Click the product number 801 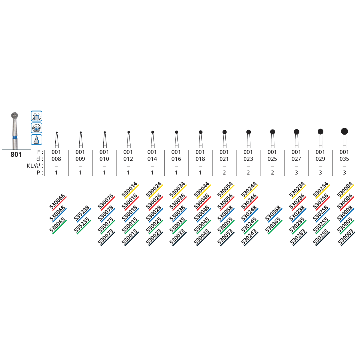click(x=16, y=155)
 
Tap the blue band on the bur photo click(x=15, y=137)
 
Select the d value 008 click(x=56, y=159)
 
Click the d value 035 click(x=344, y=159)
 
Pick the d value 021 click(x=224, y=159)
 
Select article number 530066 click(x=57, y=202)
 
